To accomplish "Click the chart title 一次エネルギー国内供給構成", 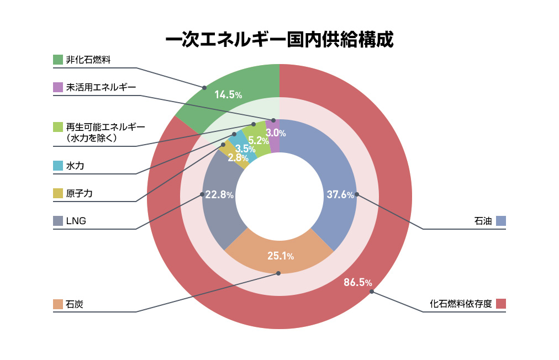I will pyautogui.click(x=279, y=40).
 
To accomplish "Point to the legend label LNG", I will pyautogui.click(x=76, y=221).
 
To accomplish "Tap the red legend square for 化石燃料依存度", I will pyautogui.click(x=501, y=304).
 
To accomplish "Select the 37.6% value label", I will pyautogui.click(x=340, y=195).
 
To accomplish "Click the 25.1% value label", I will pyautogui.click(x=280, y=256).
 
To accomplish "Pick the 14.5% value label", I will pyautogui.click(x=228, y=94).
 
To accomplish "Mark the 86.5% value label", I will pyautogui.click(x=357, y=283).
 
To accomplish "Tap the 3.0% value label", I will pyautogui.click(x=276, y=133).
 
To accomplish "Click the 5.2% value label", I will pyautogui.click(x=259, y=140).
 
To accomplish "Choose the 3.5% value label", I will pyautogui.click(x=245, y=149).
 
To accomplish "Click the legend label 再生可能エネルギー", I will pyautogui.click(x=105, y=127).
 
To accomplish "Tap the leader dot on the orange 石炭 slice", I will pyautogui.click(x=278, y=273).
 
